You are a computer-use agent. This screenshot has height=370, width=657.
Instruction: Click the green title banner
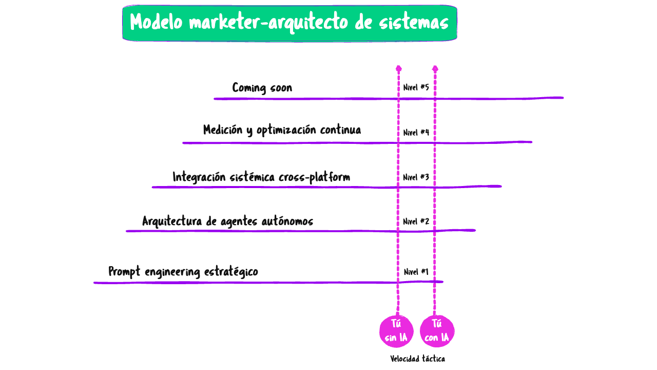(x=289, y=23)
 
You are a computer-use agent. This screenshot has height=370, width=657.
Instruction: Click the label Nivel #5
(x=416, y=87)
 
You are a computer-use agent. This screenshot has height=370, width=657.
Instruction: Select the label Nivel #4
(x=416, y=133)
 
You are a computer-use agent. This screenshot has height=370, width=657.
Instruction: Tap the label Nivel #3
(x=416, y=177)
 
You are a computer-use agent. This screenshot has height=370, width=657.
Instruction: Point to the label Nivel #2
(x=416, y=221)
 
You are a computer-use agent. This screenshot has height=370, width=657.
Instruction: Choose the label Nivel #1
(x=416, y=272)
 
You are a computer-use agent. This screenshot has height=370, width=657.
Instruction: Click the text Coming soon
(x=262, y=88)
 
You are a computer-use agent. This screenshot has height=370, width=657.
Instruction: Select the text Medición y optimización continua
(x=282, y=130)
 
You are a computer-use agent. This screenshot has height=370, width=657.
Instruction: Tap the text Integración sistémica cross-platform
(x=261, y=177)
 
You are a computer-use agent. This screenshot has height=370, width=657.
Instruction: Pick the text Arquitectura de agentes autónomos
(x=227, y=221)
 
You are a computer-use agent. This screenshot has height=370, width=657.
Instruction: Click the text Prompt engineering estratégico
(x=183, y=272)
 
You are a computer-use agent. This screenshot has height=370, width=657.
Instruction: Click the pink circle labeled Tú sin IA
(x=396, y=331)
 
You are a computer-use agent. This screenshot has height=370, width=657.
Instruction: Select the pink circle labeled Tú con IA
(x=437, y=331)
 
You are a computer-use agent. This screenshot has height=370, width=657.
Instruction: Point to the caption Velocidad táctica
(x=417, y=359)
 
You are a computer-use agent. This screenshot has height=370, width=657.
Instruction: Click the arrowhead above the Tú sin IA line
(x=398, y=68)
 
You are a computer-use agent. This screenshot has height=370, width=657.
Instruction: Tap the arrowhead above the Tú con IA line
(x=435, y=68)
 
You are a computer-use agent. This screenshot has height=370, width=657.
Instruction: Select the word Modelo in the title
(x=157, y=23)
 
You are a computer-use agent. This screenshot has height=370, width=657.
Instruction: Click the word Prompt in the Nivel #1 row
(x=124, y=272)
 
